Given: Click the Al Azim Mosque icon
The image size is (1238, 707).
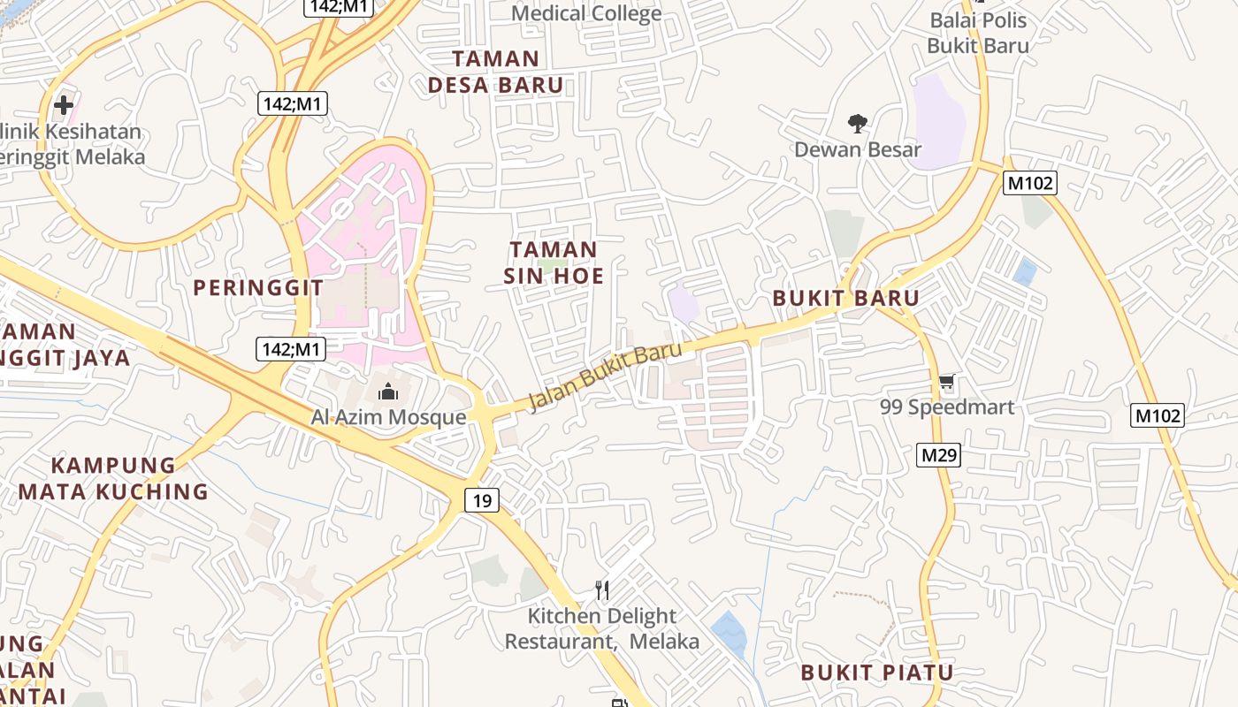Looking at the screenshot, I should click(388, 392).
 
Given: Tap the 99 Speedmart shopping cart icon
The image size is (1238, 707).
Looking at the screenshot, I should click(947, 383).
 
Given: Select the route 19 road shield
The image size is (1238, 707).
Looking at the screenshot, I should click(482, 501).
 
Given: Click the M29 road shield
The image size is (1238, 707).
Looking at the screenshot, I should click(938, 455).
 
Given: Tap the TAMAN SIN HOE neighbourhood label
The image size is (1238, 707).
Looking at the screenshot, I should click(554, 262).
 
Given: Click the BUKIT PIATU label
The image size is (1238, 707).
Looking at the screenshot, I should click(877, 673).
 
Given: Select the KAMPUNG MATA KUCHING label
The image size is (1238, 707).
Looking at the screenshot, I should click(113, 478).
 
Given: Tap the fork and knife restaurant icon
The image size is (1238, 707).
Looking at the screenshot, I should click(602, 589).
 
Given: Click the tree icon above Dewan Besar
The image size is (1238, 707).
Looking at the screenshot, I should click(857, 123).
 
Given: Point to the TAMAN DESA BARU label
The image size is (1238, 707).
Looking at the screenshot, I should click(495, 72).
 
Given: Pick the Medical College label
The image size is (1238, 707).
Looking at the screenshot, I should click(586, 13).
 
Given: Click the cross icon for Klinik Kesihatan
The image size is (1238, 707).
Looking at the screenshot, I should click(63, 105).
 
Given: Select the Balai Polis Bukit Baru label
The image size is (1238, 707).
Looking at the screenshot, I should click(978, 33).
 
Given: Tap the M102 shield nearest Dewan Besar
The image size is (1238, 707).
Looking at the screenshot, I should click(1030, 183).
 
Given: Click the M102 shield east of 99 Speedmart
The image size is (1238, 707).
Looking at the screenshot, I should click(1158, 414).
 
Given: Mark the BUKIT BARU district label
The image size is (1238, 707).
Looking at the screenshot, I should click(846, 298).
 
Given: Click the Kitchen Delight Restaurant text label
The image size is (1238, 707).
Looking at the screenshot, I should click(602, 628).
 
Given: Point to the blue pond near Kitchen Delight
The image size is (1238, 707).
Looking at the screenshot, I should click(730, 632).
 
